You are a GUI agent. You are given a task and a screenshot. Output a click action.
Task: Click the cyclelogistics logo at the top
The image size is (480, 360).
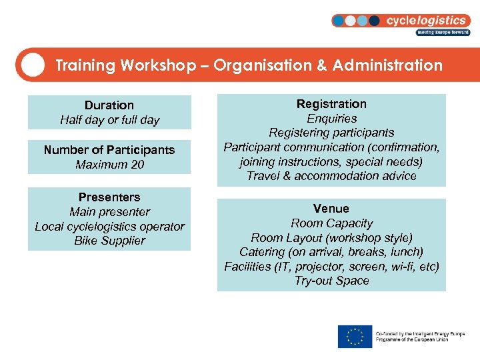click(x=400, y=21)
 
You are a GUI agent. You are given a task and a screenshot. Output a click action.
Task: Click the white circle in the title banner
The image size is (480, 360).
click(x=33, y=65)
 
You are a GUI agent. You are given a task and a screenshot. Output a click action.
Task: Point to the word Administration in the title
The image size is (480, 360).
click(x=387, y=65)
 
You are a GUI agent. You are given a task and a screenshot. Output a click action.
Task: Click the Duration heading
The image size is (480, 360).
click(x=109, y=105)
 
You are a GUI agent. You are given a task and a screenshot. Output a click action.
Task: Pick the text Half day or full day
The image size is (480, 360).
click(x=109, y=120)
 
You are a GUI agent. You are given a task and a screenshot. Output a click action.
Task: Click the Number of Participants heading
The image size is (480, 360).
click(x=109, y=150)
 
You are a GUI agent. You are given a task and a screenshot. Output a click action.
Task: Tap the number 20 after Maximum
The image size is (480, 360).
click(x=137, y=165)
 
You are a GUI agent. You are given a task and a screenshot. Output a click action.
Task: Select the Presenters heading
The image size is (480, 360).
click(x=109, y=197)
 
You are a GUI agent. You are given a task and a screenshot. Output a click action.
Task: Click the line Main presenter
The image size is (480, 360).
click(x=109, y=212)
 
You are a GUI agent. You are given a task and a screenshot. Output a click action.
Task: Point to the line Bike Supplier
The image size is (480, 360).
click(x=109, y=241)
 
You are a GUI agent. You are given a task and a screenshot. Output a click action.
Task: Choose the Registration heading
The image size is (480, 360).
click(x=331, y=104)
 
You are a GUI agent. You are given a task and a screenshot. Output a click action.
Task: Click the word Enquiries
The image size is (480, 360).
click(x=331, y=119)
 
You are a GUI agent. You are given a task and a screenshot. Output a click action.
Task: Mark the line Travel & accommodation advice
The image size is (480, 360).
click(x=331, y=176)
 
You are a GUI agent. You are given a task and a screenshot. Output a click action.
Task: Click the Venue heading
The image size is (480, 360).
click(x=331, y=209)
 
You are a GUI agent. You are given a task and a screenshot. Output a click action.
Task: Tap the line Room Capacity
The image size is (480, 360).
click(x=331, y=223)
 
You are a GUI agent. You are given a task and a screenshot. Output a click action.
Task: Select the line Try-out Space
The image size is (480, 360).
click(x=331, y=281)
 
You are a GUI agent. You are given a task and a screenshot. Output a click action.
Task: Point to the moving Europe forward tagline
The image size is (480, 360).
click(x=443, y=32)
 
